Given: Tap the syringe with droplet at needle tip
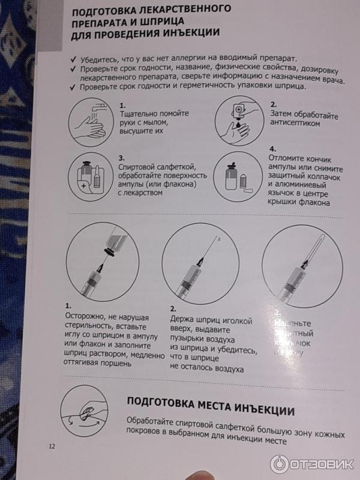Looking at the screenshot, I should (200, 266).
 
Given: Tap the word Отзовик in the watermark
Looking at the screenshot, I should (322, 464).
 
